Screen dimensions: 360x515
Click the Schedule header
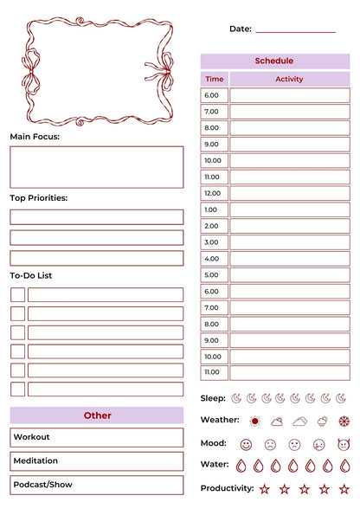coord(274,61)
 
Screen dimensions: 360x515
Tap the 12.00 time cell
coord(214,193)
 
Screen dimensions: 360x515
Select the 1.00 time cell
coord(214,209)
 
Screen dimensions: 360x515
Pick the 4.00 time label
coord(214,259)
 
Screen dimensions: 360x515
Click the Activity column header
coord(289,79)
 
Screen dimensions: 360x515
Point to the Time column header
coord(214,79)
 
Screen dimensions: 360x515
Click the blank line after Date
coord(295,29)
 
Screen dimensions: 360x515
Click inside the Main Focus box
coord(96,167)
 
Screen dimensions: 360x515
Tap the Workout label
coord(32,437)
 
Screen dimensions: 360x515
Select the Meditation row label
coord(35,461)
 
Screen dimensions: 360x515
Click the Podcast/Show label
coord(42,485)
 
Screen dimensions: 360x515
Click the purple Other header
coord(97,415)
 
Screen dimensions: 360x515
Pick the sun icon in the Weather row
coord(254,422)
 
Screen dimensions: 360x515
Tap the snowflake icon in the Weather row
coord(344,422)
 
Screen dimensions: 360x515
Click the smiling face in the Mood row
coord(246,444)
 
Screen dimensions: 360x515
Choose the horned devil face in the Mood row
coord(343,444)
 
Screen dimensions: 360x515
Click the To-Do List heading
coord(31,275)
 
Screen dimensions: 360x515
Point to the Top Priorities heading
coord(38,198)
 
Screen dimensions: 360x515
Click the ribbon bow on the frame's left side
coord(31,72)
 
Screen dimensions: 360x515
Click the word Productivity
coord(227,488)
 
